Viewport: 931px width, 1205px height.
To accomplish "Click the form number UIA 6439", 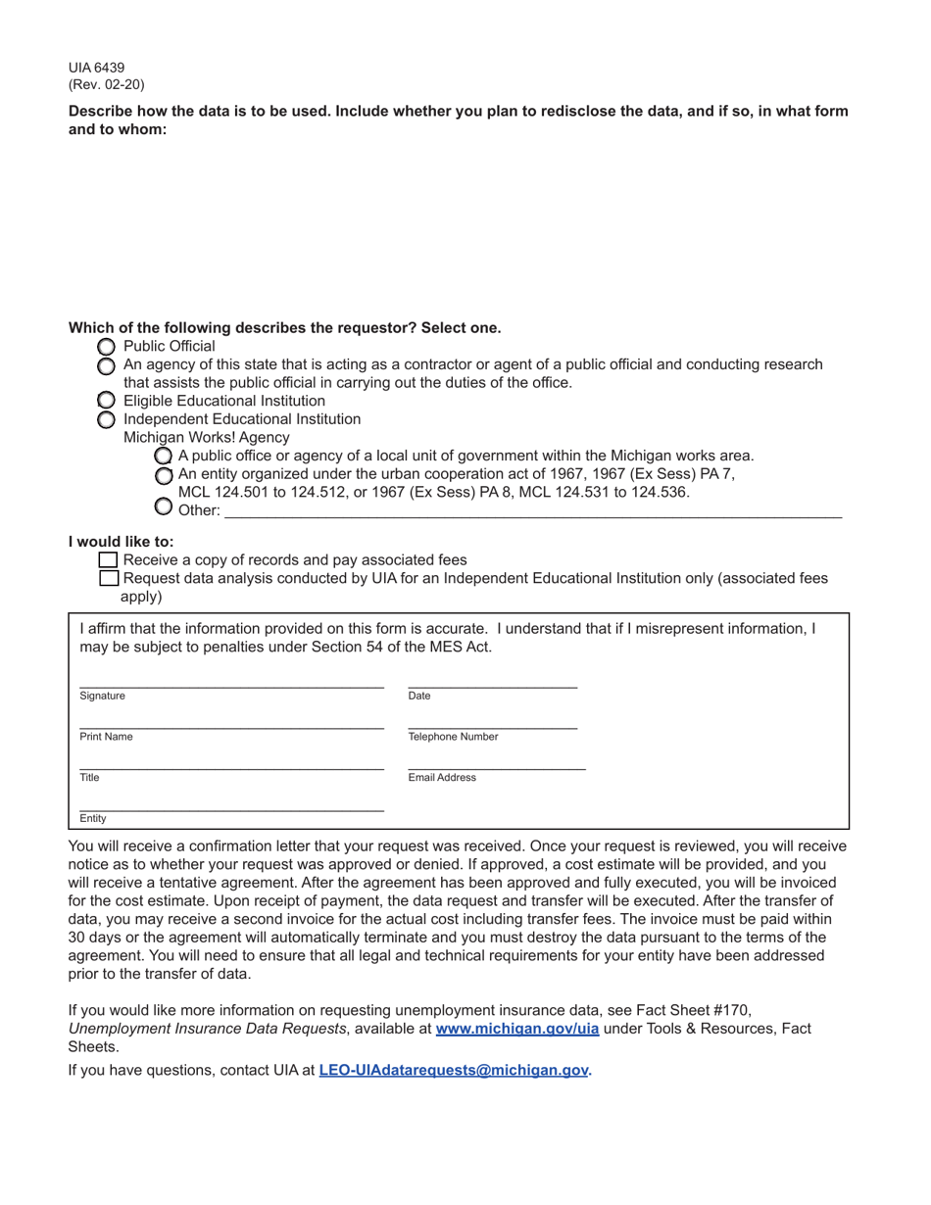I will (x=96, y=68).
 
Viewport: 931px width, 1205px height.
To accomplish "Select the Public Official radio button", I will (x=106, y=347).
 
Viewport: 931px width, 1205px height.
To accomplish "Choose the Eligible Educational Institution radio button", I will (x=106, y=401).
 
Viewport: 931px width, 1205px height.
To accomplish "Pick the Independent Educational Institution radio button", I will (x=106, y=419).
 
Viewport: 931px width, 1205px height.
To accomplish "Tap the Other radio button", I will (x=164, y=506).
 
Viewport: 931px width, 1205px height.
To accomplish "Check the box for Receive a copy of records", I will (x=109, y=560).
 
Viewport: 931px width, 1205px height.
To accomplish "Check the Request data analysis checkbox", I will (x=109, y=579).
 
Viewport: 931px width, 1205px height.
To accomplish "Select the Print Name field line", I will (x=231, y=722).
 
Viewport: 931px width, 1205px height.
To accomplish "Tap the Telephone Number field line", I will (x=492, y=722).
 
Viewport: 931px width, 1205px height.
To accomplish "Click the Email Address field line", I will (x=496, y=763).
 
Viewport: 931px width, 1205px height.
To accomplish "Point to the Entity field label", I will (x=93, y=818).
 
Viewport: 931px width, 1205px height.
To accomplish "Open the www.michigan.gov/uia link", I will (x=516, y=1029).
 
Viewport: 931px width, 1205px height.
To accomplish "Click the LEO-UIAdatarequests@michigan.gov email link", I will (x=453, y=1070).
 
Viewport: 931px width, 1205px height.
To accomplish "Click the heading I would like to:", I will (x=121, y=542).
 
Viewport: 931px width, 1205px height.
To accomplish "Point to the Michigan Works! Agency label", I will (x=206, y=437).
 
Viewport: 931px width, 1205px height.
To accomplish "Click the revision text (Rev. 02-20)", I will (x=106, y=84).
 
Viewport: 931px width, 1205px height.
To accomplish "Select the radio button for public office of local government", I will (x=164, y=457).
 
